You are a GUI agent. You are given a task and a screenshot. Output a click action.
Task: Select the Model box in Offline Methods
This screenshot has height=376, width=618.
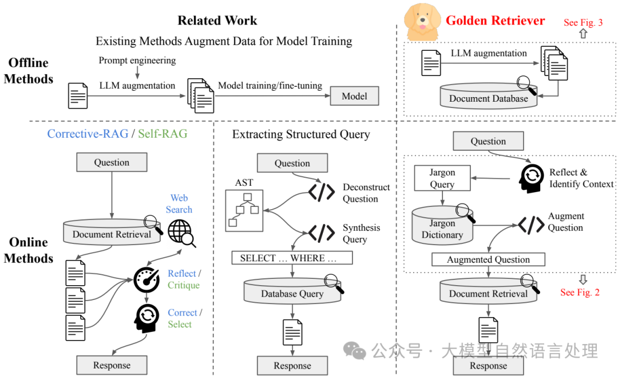(354, 96)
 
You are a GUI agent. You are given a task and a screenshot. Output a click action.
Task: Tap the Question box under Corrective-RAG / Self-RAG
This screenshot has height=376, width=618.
(112, 162)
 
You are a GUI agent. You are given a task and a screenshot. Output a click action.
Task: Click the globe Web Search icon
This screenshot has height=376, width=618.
(181, 233)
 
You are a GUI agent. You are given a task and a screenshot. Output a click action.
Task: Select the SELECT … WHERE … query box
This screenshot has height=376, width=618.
(292, 258)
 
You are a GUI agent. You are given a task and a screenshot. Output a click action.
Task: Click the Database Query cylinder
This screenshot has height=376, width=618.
(292, 293)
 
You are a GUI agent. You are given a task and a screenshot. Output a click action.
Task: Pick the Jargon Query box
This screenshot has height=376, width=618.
(442, 178)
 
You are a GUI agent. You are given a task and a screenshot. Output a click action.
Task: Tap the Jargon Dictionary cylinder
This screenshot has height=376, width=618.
(442, 227)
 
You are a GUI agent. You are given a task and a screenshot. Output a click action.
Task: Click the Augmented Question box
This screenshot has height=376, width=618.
(488, 259)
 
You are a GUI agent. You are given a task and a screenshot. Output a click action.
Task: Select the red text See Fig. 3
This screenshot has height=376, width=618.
(583, 23)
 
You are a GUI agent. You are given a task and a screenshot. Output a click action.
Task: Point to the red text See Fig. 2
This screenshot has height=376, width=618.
(580, 292)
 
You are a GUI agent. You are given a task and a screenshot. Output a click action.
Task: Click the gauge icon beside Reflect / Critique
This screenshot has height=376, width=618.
(146, 279)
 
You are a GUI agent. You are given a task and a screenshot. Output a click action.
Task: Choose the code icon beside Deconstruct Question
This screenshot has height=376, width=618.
(322, 193)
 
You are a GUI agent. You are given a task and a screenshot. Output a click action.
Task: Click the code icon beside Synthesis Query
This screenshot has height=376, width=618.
(322, 233)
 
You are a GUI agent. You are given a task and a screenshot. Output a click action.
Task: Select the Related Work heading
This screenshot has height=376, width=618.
(217, 21)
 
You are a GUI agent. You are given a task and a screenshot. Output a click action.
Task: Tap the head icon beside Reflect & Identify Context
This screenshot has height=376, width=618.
(531, 178)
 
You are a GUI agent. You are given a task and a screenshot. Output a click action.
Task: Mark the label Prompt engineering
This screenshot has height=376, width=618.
(137, 61)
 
